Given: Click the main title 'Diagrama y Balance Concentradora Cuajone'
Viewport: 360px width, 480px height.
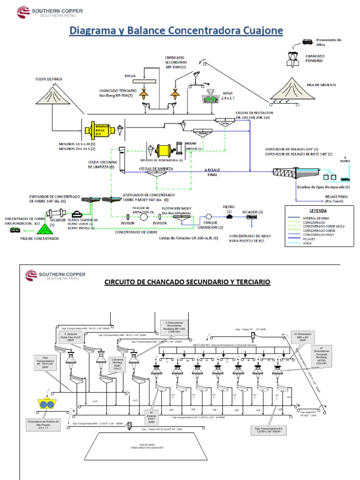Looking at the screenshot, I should tap(177, 31).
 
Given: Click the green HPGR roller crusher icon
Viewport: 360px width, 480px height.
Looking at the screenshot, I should tap(210, 99).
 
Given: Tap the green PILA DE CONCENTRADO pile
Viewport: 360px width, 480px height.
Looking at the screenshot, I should tap(45, 229).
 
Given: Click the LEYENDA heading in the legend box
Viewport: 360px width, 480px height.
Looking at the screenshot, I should tap(318, 210).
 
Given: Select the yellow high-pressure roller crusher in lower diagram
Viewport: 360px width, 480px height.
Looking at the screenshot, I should tap(45, 405).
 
